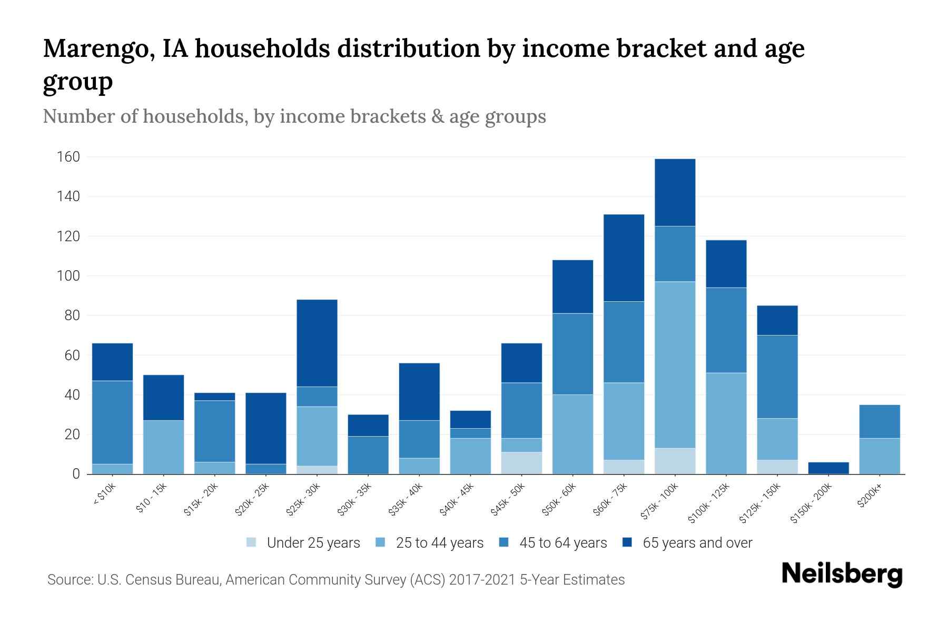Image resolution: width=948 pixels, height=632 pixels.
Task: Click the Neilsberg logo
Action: pyautogui.click(x=842, y=574)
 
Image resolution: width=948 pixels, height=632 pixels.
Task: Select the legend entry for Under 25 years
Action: pyautogui.click(x=303, y=543)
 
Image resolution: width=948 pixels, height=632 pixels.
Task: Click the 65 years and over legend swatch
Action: pyautogui.click(x=627, y=542)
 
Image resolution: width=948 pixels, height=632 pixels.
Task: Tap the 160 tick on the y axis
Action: pyautogui.click(x=68, y=157)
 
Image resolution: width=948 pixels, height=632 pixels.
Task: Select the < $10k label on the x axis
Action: pyautogui.click(x=104, y=495)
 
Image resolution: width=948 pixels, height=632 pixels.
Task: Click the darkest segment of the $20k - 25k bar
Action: pyautogui.click(x=266, y=428)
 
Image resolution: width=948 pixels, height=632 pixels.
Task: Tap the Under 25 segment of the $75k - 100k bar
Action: pyautogui.click(x=675, y=461)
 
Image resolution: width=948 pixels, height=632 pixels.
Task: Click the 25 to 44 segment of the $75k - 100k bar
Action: pyautogui.click(x=675, y=364)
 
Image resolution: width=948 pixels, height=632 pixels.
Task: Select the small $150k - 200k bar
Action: pyautogui.click(x=828, y=468)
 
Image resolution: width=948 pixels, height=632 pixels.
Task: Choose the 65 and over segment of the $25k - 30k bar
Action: pyautogui.click(x=317, y=343)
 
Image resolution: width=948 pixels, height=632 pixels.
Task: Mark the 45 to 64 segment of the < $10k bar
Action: pyautogui.click(x=112, y=422)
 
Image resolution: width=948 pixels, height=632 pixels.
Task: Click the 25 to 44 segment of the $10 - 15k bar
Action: pyautogui.click(x=164, y=447)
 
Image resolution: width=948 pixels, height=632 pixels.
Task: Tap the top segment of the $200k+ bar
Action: pyautogui.click(x=880, y=421)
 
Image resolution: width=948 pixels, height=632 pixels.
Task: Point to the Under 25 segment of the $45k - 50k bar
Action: pyautogui.click(x=521, y=463)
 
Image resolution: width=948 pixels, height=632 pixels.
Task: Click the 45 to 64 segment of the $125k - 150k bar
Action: pyautogui.click(x=777, y=377)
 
